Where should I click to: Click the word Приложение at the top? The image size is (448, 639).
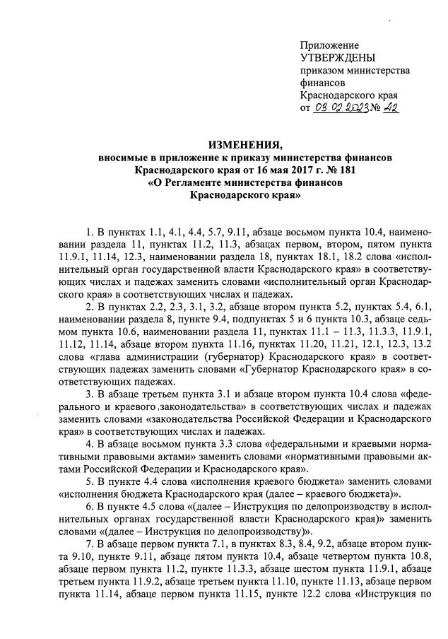click(x=329, y=45)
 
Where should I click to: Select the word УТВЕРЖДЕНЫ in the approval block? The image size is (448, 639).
click(x=338, y=58)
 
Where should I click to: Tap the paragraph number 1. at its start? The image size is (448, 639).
click(x=88, y=232)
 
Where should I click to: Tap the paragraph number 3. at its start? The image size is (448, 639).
click(x=88, y=394)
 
